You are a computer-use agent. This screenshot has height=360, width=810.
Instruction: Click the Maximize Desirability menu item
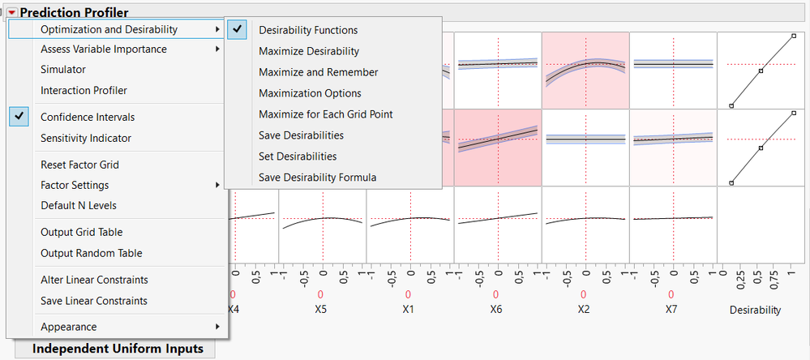pyautogui.click(x=308, y=51)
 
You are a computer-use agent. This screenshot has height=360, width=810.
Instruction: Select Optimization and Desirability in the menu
pyautogui.click(x=109, y=29)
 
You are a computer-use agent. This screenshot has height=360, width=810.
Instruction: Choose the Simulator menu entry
pyautogui.click(x=63, y=70)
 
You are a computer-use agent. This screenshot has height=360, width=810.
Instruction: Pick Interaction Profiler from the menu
pyautogui.click(x=84, y=91)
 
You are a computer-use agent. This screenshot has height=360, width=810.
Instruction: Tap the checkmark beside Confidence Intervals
pyautogui.click(x=21, y=117)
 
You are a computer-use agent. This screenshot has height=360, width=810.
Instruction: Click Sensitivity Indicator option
pyautogui.click(x=86, y=138)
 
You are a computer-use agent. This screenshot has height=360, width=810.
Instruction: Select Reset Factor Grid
pyautogui.click(x=79, y=165)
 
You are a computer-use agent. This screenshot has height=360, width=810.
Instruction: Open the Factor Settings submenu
pyautogui.click(x=75, y=185)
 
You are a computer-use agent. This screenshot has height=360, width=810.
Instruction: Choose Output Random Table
pyautogui.click(x=92, y=253)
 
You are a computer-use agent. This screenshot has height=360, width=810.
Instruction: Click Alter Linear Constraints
pyautogui.click(x=94, y=280)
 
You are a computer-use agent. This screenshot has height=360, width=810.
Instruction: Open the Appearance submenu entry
pyautogui.click(x=68, y=327)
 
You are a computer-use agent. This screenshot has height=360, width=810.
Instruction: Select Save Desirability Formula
pyautogui.click(x=317, y=177)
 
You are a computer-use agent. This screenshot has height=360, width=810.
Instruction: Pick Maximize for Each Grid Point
pyautogui.click(x=325, y=114)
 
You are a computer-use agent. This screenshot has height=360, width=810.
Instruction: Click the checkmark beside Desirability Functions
pyautogui.click(x=238, y=30)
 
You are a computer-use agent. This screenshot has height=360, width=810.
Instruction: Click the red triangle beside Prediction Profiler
pyautogui.click(x=12, y=13)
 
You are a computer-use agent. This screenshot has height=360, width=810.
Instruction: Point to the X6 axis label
pyautogui.click(x=497, y=310)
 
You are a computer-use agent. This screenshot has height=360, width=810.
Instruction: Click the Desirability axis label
pyautogui.click(x=755, y=310)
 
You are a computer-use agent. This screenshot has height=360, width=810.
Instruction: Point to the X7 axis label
pyautogui.click(x=671, y=310)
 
